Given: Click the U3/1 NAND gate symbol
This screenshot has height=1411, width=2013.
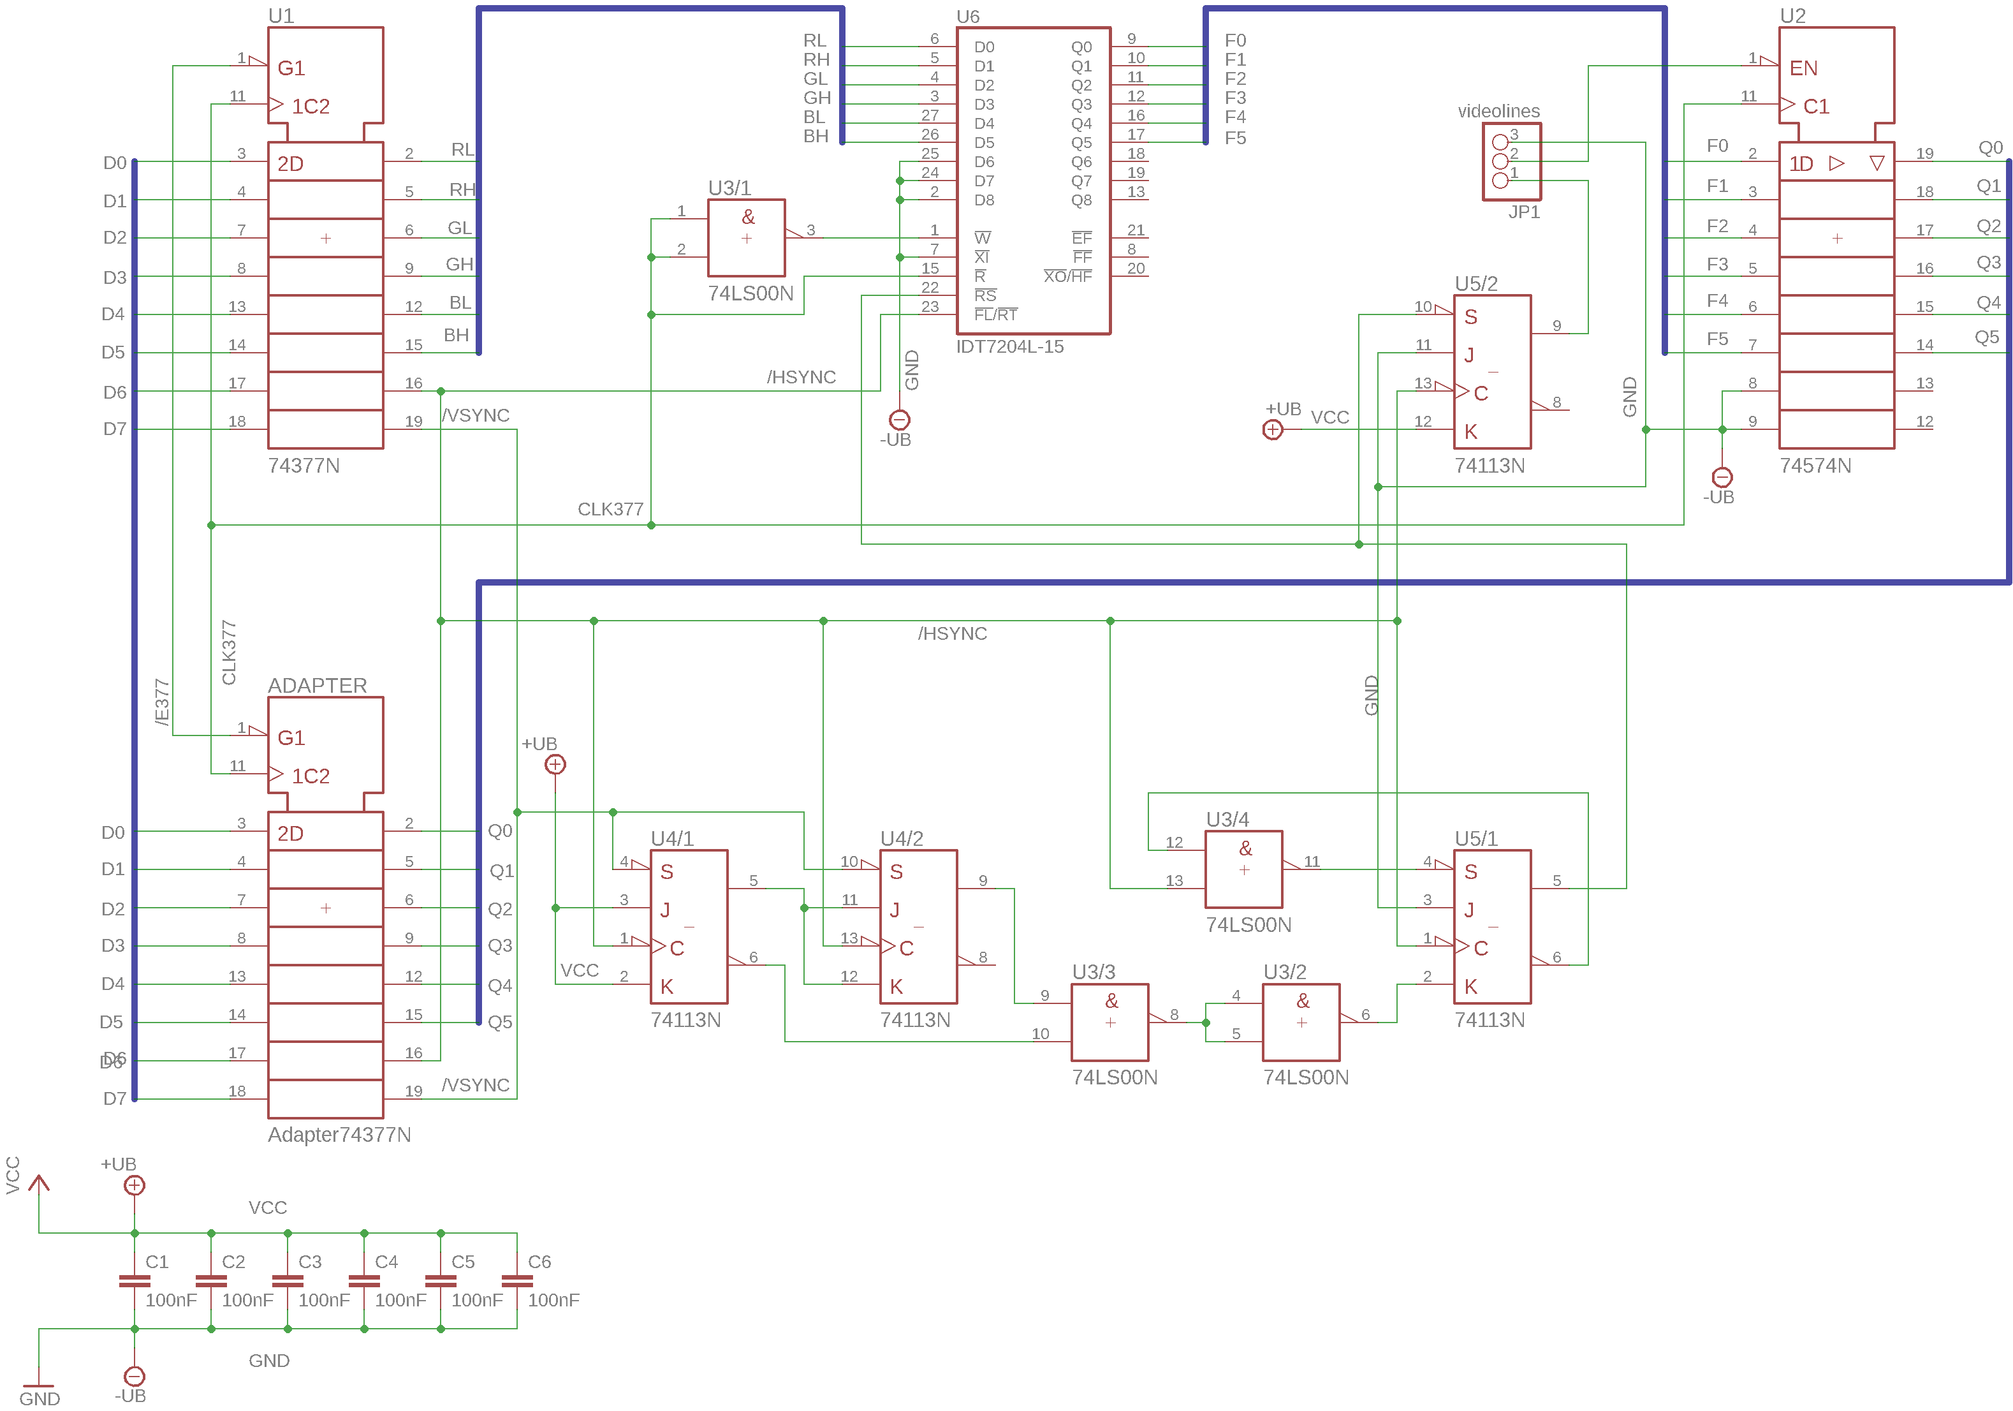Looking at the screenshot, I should click(746, 238).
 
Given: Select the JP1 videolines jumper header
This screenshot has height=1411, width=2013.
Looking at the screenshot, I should click(1511, 161).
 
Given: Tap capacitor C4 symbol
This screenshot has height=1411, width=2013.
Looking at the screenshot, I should click(364, 1280).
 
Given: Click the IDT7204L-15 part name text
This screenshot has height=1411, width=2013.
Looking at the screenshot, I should click(1009, 346).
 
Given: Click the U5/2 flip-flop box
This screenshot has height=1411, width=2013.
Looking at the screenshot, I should click(1492, 372).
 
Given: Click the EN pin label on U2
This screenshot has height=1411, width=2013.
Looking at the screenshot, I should click(1803, 68).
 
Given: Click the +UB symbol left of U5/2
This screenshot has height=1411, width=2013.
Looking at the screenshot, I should click(1272, 430).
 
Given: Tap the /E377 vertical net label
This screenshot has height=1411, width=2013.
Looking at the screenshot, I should click(161, 702).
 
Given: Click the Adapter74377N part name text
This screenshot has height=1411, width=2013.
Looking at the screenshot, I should click(339, 1134).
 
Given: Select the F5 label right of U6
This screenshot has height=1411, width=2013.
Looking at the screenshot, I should click(1234, 138).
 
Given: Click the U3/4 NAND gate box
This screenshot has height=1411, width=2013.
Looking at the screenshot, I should click(1243, 869).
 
